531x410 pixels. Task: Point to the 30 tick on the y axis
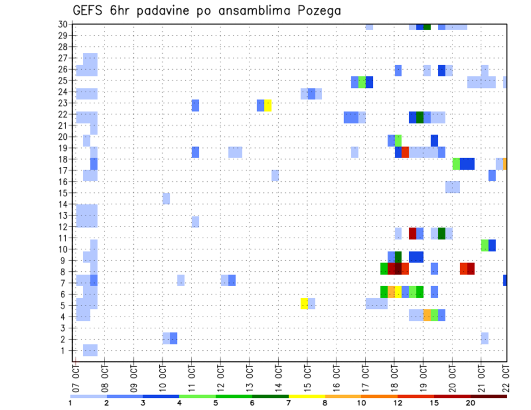click(x=63, y=24)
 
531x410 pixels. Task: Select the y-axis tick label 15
click(x=63, y=193)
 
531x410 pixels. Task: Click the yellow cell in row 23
click(x=268, y=105)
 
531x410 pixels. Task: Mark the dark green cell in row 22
click(x=420, y=117)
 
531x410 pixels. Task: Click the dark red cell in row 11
click(x=413, y=233)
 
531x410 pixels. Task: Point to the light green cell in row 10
click(x=485, y=245)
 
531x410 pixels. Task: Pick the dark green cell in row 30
click(x=427, y=26)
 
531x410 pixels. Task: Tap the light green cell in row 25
click(x=362, y=82)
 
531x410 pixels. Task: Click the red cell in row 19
click(x=405, y=152)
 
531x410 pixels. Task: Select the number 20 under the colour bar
click(x=471, y=403)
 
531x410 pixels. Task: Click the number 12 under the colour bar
click(x=398, y=403)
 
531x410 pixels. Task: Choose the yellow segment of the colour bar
click(x=307, y=396)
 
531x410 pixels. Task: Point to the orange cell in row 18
click(x=505, y=164)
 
